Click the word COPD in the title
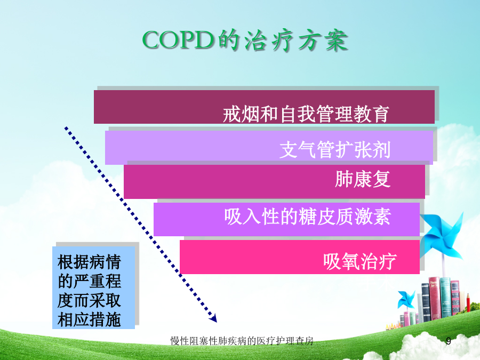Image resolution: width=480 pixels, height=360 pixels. [x=178, y=40]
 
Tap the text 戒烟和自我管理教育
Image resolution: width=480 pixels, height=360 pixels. [x=306, y=114]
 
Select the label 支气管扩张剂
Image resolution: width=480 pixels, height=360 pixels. [x=335, y=150]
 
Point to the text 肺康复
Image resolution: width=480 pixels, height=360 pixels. [x=363, y=179]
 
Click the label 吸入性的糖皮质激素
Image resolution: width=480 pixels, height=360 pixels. [x=307, y=217]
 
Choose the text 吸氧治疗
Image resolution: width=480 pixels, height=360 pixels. [x=360, y=261]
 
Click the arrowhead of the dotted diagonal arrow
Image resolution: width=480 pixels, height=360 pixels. [x=213, y=318]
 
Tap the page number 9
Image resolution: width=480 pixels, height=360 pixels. [x=449, y=341]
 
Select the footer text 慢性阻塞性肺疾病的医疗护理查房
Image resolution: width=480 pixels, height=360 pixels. [x=242, y=341]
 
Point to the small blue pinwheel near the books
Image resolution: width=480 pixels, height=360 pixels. [x=406, y=299]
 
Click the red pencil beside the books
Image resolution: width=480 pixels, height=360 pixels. [x=468, y=302]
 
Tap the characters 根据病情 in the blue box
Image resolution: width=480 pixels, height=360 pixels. [x=89, y=262]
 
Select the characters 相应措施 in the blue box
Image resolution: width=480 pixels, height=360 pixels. [x=89, y=319]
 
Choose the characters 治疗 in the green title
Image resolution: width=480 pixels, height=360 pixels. [x=269, y=41]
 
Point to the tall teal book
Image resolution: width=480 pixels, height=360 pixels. [x=445, y=297]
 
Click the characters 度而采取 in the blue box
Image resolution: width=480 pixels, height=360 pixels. [x=89, y=300]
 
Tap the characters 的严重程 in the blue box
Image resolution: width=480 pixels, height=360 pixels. [x=89, y=281]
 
